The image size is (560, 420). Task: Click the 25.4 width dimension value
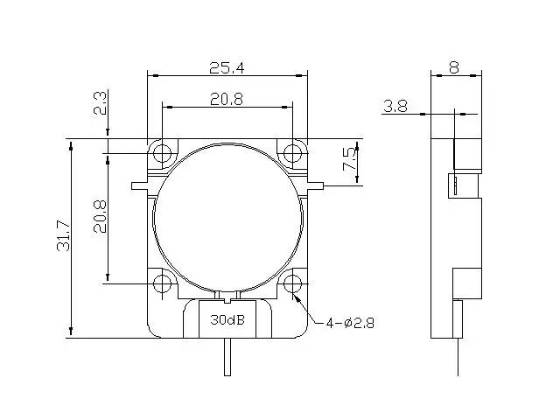pos(227,67)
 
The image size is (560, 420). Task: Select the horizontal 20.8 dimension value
pos(227,99)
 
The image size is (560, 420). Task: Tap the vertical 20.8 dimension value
pos(100,216)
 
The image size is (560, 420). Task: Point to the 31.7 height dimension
pos(64,235)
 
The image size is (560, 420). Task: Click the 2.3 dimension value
pos(100,103)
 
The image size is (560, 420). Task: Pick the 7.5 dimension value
pos(349,159)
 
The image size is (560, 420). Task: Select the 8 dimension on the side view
pos(454,67)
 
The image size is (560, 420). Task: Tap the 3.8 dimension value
pos(395,106)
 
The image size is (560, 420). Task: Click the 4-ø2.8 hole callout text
pos(350,323)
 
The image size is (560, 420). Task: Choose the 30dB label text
pos(227,319)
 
